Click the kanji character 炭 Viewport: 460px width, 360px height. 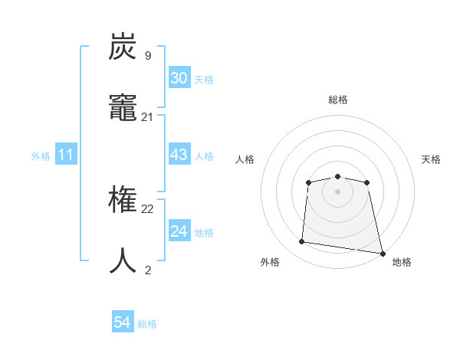(123, 47)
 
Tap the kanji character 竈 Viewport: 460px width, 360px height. (123, 109)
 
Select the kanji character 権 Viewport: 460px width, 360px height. (123, 201)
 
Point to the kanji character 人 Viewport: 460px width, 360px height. (123, 261)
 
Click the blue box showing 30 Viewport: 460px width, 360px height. (179, 78)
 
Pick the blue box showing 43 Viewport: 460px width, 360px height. (179, 155)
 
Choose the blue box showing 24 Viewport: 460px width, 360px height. (179, 231)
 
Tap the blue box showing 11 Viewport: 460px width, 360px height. (65, 155)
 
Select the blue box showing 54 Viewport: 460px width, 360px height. (123, 322)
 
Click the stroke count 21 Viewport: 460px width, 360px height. (148, 117)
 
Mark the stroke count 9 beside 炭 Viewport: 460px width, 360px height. (148, 56)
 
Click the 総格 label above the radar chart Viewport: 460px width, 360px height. (337, 100)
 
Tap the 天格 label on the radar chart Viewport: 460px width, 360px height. (432, 159)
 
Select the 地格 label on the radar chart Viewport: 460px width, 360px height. (402, 262)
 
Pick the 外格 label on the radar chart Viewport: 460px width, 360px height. (270, 262)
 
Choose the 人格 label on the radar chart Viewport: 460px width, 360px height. (245, 159)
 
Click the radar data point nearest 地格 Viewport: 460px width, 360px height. (382, 253)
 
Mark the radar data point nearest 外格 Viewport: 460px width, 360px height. (302, 242)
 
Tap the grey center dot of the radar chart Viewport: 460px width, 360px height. (337, 191)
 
